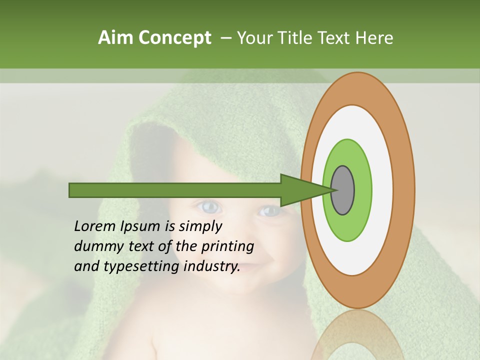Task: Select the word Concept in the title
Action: (x=175, y=38)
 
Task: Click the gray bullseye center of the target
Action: (x=343, y=190)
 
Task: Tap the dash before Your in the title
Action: (x=225, y=38)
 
